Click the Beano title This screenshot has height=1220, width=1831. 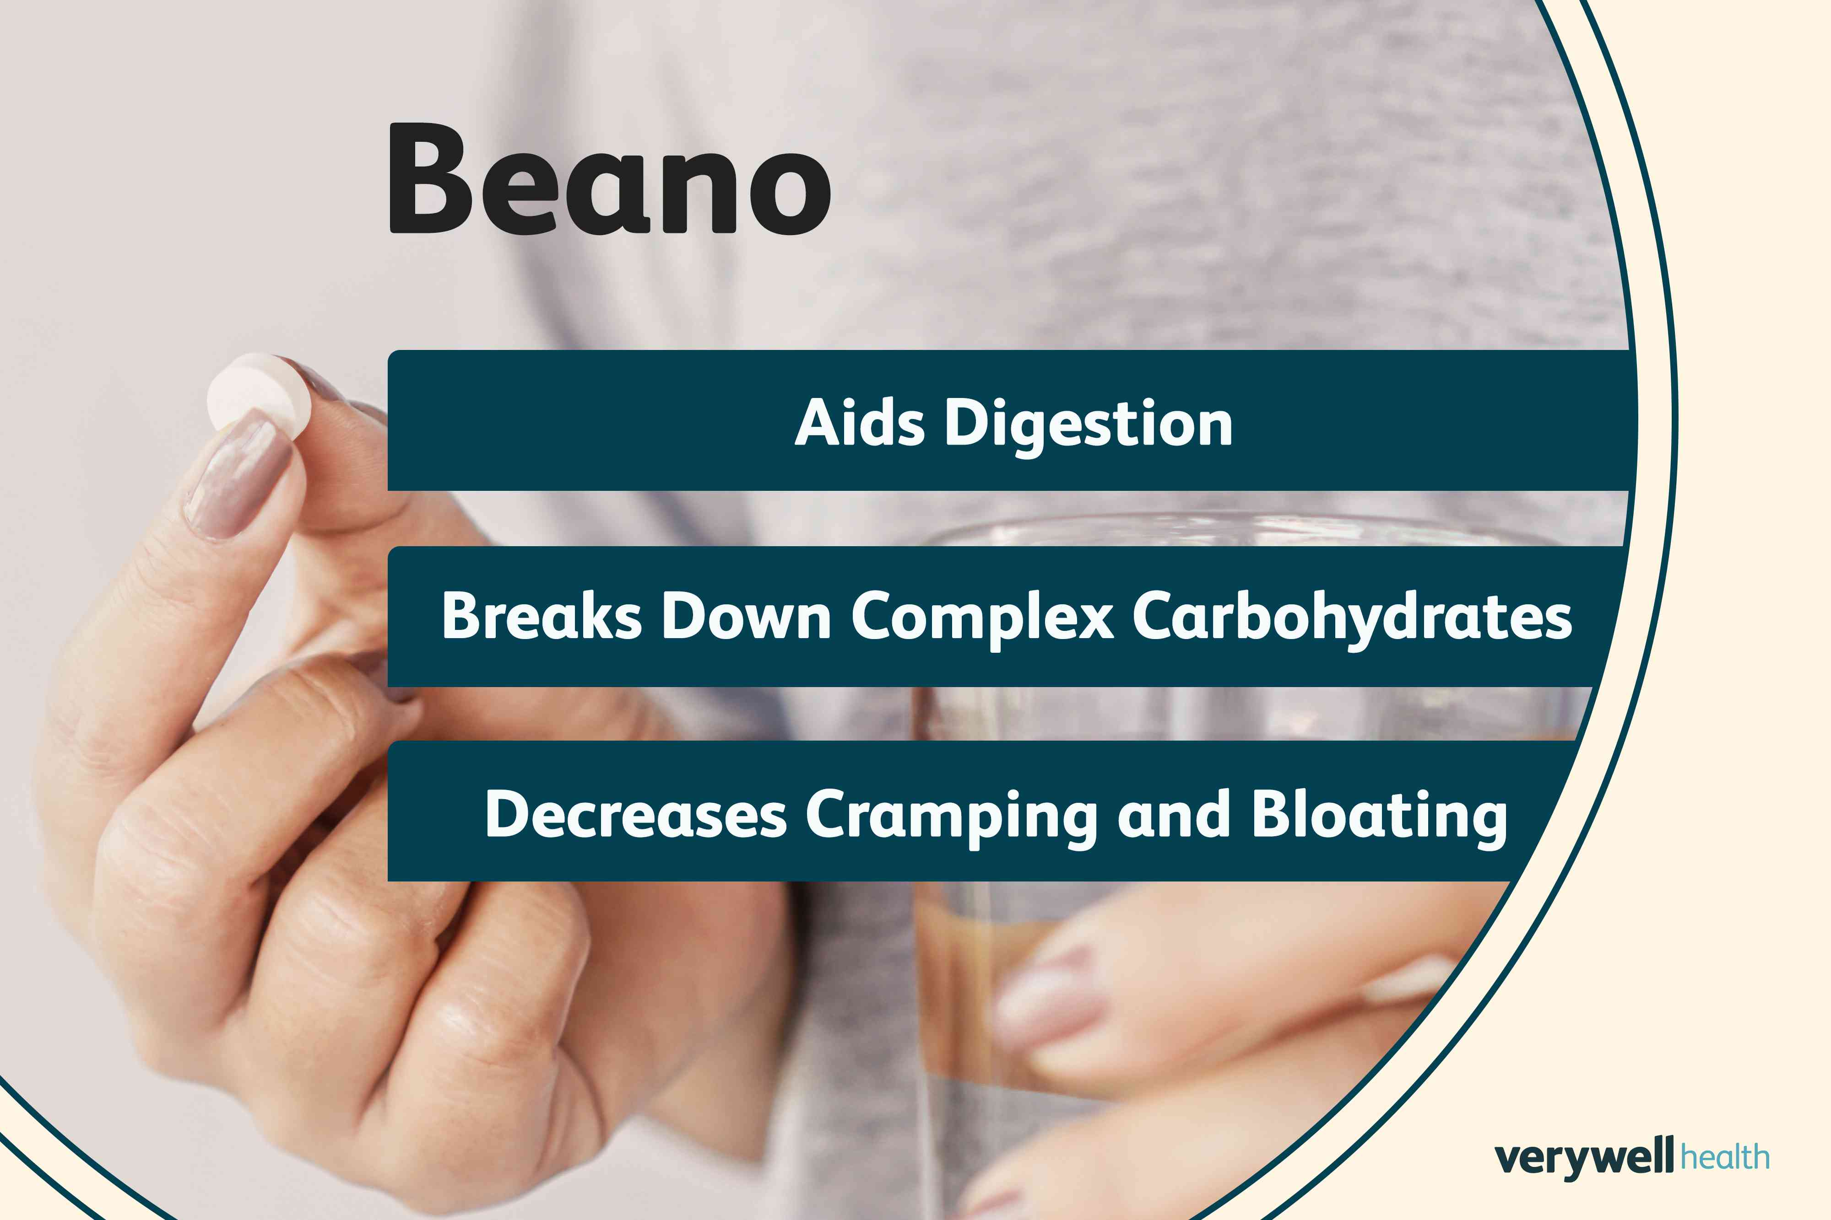(x=610, y=181)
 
